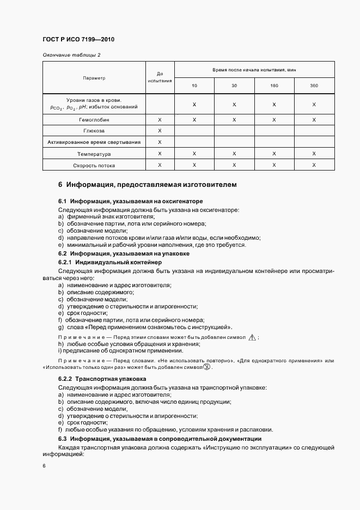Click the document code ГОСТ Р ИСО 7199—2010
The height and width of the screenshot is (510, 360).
pos(78,40)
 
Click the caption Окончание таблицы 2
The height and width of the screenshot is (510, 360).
pos(71,55)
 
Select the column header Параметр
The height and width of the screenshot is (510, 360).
pos(94,78)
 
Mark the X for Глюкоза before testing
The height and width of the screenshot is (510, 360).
pos(160,131)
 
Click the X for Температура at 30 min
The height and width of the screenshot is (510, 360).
pos(234,154)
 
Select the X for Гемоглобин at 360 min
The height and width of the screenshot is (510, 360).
pos(314,119)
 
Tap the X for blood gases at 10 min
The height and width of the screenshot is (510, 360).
pos(194,104)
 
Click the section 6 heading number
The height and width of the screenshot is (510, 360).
pos(60,185)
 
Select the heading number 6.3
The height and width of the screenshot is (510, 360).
pos(62,439)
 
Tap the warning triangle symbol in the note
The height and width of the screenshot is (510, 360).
pos(252,338)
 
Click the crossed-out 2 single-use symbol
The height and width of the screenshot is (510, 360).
pos(206,367)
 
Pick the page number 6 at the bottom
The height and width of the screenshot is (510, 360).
pos(44,466)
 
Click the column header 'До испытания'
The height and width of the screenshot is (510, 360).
pos(160,77)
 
